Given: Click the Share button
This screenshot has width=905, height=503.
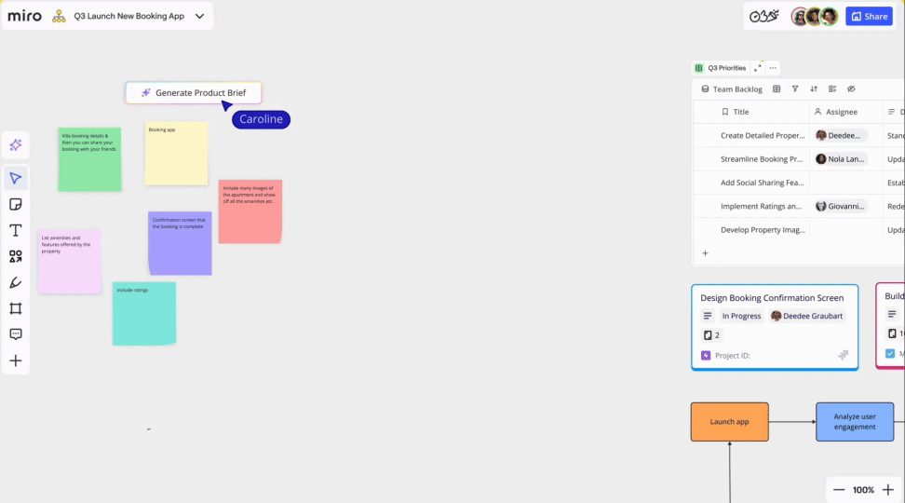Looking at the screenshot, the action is tap(869, 16).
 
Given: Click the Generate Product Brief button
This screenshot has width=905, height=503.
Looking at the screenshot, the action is tap(194, 93).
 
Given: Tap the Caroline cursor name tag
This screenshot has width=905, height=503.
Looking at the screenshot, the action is tap(262, 119).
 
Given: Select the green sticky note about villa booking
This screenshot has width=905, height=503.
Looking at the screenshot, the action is tap(89, 159).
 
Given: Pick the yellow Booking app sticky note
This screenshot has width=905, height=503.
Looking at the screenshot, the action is tap(176, 154).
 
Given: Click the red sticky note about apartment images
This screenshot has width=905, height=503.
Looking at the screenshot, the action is tap(250, 211).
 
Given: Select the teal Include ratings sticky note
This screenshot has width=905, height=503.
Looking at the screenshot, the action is tap(143, 314).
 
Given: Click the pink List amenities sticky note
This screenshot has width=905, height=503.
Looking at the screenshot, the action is tap(69, 262).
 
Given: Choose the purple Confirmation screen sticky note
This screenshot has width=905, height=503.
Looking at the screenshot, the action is tap(180, 243).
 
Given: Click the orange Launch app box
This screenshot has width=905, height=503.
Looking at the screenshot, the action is tap(729, 422).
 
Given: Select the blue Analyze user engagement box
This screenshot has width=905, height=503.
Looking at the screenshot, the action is tap(855, 422).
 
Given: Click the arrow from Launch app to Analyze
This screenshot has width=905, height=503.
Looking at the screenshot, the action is tap(792, 422).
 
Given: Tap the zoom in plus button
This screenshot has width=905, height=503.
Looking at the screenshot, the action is tap(887, 490).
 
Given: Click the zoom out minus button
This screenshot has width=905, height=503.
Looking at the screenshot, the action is tap(839, 490).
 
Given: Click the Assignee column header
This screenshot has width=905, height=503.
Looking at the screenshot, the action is tap(842, 112).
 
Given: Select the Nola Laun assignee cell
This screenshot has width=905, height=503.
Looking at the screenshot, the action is tap(841, 159).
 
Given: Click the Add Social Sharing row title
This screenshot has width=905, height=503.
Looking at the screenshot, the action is tap(762, 183).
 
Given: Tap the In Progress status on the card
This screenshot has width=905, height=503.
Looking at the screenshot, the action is tap(741, 316).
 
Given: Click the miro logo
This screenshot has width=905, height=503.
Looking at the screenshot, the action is tap(24, 16).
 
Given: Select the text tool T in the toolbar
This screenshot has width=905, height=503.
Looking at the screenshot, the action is tap(16, 230).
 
